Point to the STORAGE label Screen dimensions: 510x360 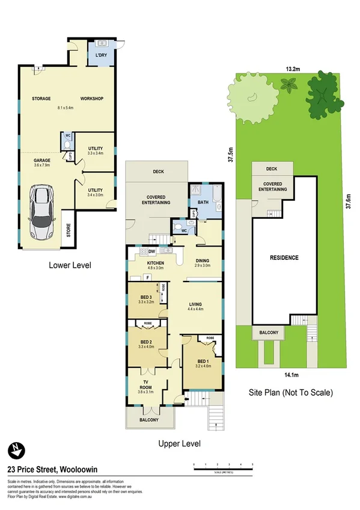pos(41,99)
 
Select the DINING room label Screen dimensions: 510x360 pos(203,261)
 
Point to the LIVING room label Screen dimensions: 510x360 pos(195,304)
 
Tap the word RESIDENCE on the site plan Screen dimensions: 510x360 pos(283,258)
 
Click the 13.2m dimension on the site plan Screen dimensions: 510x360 pos(293,69)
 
